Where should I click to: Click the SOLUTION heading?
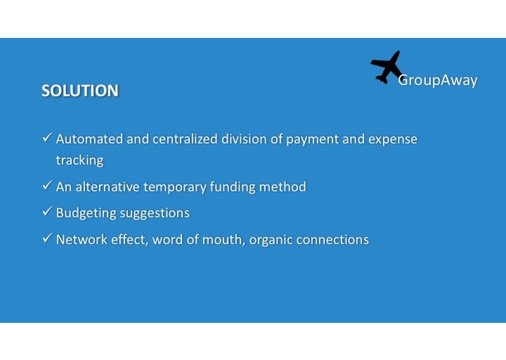80,91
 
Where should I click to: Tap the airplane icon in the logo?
387,67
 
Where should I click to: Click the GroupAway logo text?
438,80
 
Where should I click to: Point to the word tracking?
79,160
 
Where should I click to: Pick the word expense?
393,139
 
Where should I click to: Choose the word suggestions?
157,214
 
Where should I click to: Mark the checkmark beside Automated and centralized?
47,138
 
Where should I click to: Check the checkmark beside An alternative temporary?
47,186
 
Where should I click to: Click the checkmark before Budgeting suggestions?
47,212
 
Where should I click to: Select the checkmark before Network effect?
47,238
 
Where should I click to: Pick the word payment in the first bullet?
311,139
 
